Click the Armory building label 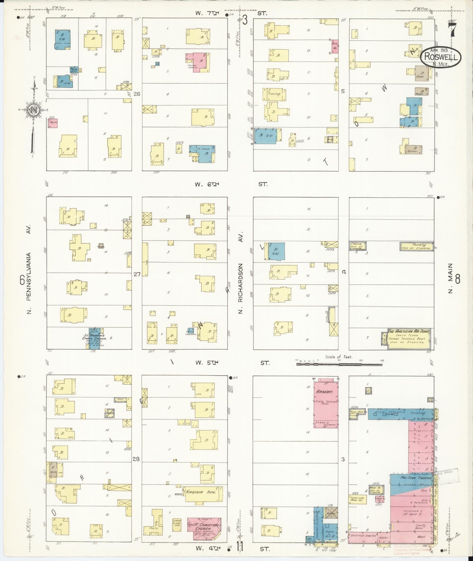pyautogui.click(x=324, y=392)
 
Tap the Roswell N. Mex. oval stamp pyautogui.click(x=440, y=57)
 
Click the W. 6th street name pyautogui.click(x=207, y=184)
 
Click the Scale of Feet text pyautogui.click(x=339, y=357)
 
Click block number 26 pyautogui.click(x=137, y=94)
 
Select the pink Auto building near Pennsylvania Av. pyautogui.click(x=53, y=123)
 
